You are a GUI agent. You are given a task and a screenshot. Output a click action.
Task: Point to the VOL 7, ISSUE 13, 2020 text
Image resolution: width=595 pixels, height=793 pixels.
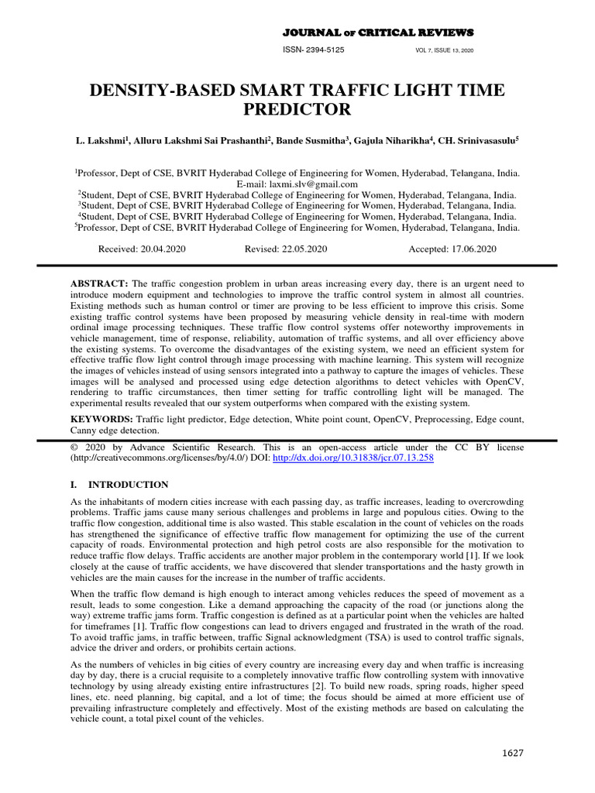(x=445, y=50)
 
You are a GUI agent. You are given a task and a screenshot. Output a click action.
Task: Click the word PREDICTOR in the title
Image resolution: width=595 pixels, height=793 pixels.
(x=298, y=109)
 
